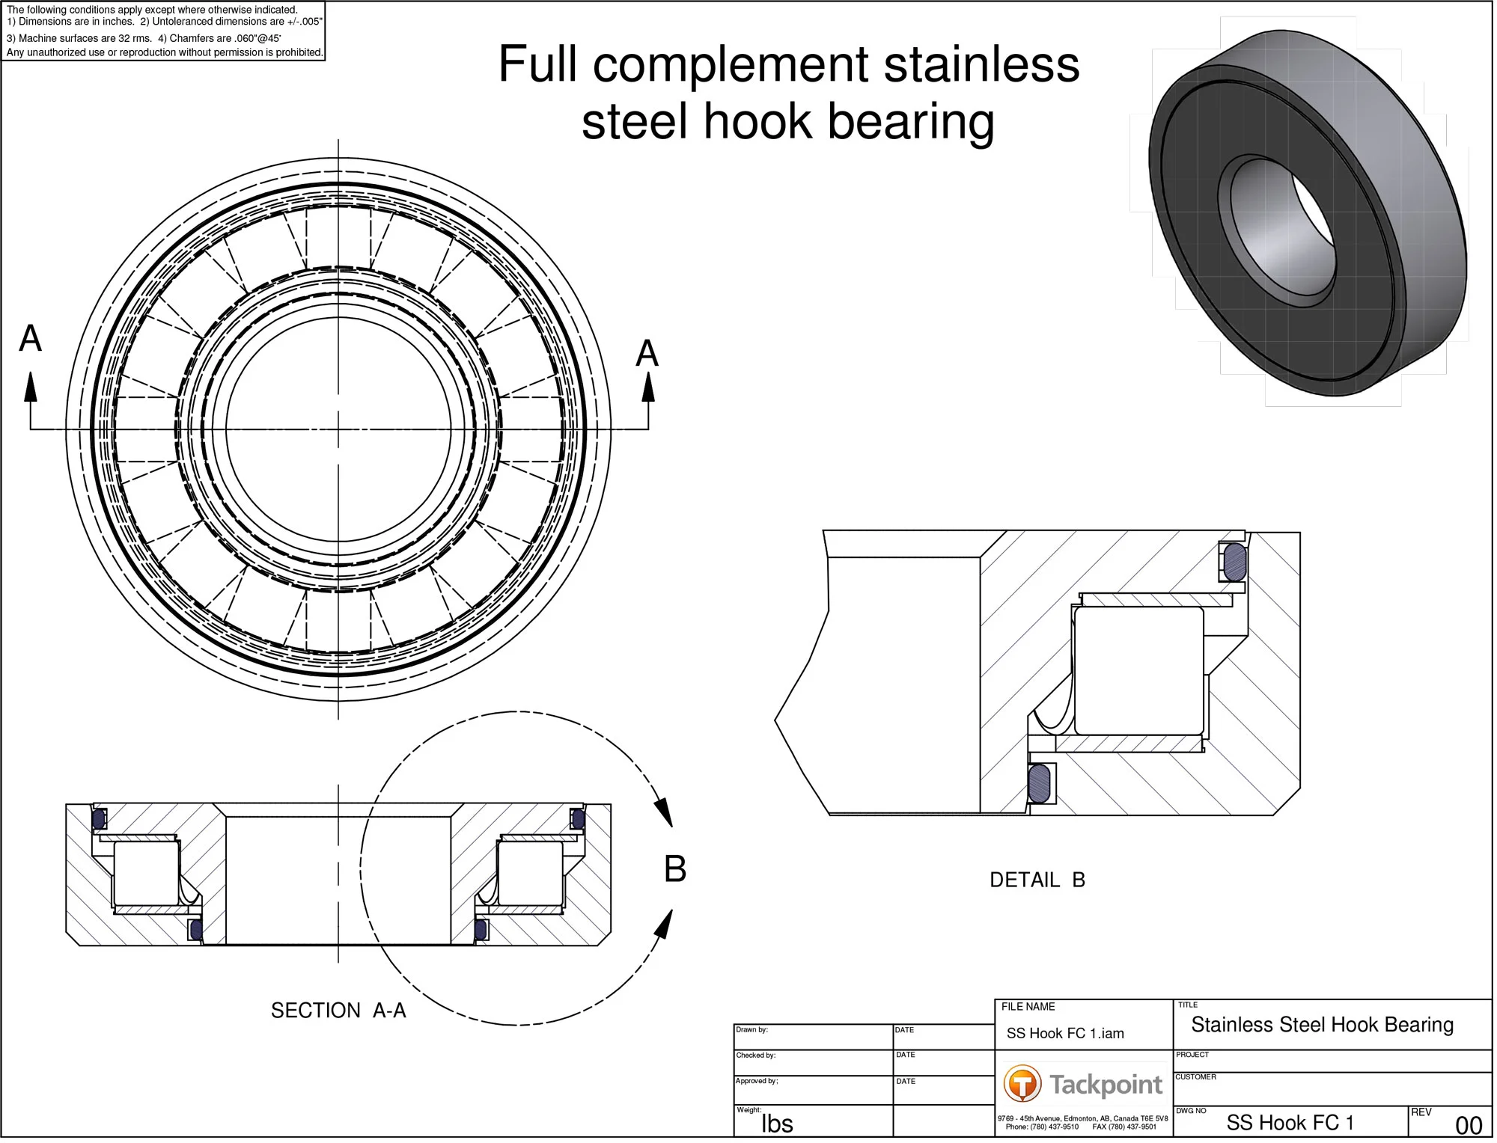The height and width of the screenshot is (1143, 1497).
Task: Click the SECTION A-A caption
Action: point(339,1013)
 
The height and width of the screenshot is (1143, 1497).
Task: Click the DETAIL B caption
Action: point(1040,882)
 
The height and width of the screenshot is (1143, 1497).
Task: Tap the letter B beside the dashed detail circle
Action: point(677,871)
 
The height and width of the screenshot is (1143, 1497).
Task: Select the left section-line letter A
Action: point(30,340)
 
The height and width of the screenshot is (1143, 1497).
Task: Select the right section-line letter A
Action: point(648,355)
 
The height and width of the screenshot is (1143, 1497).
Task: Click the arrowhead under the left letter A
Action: point(31,387)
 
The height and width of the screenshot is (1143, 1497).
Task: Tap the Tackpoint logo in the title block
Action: point(1085,1086)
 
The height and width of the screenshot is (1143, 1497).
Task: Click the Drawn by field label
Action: point(753,1034)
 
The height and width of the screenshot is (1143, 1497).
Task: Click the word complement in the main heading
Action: point(732,65)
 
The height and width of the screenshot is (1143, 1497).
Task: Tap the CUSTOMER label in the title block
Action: point(1198,1081)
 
